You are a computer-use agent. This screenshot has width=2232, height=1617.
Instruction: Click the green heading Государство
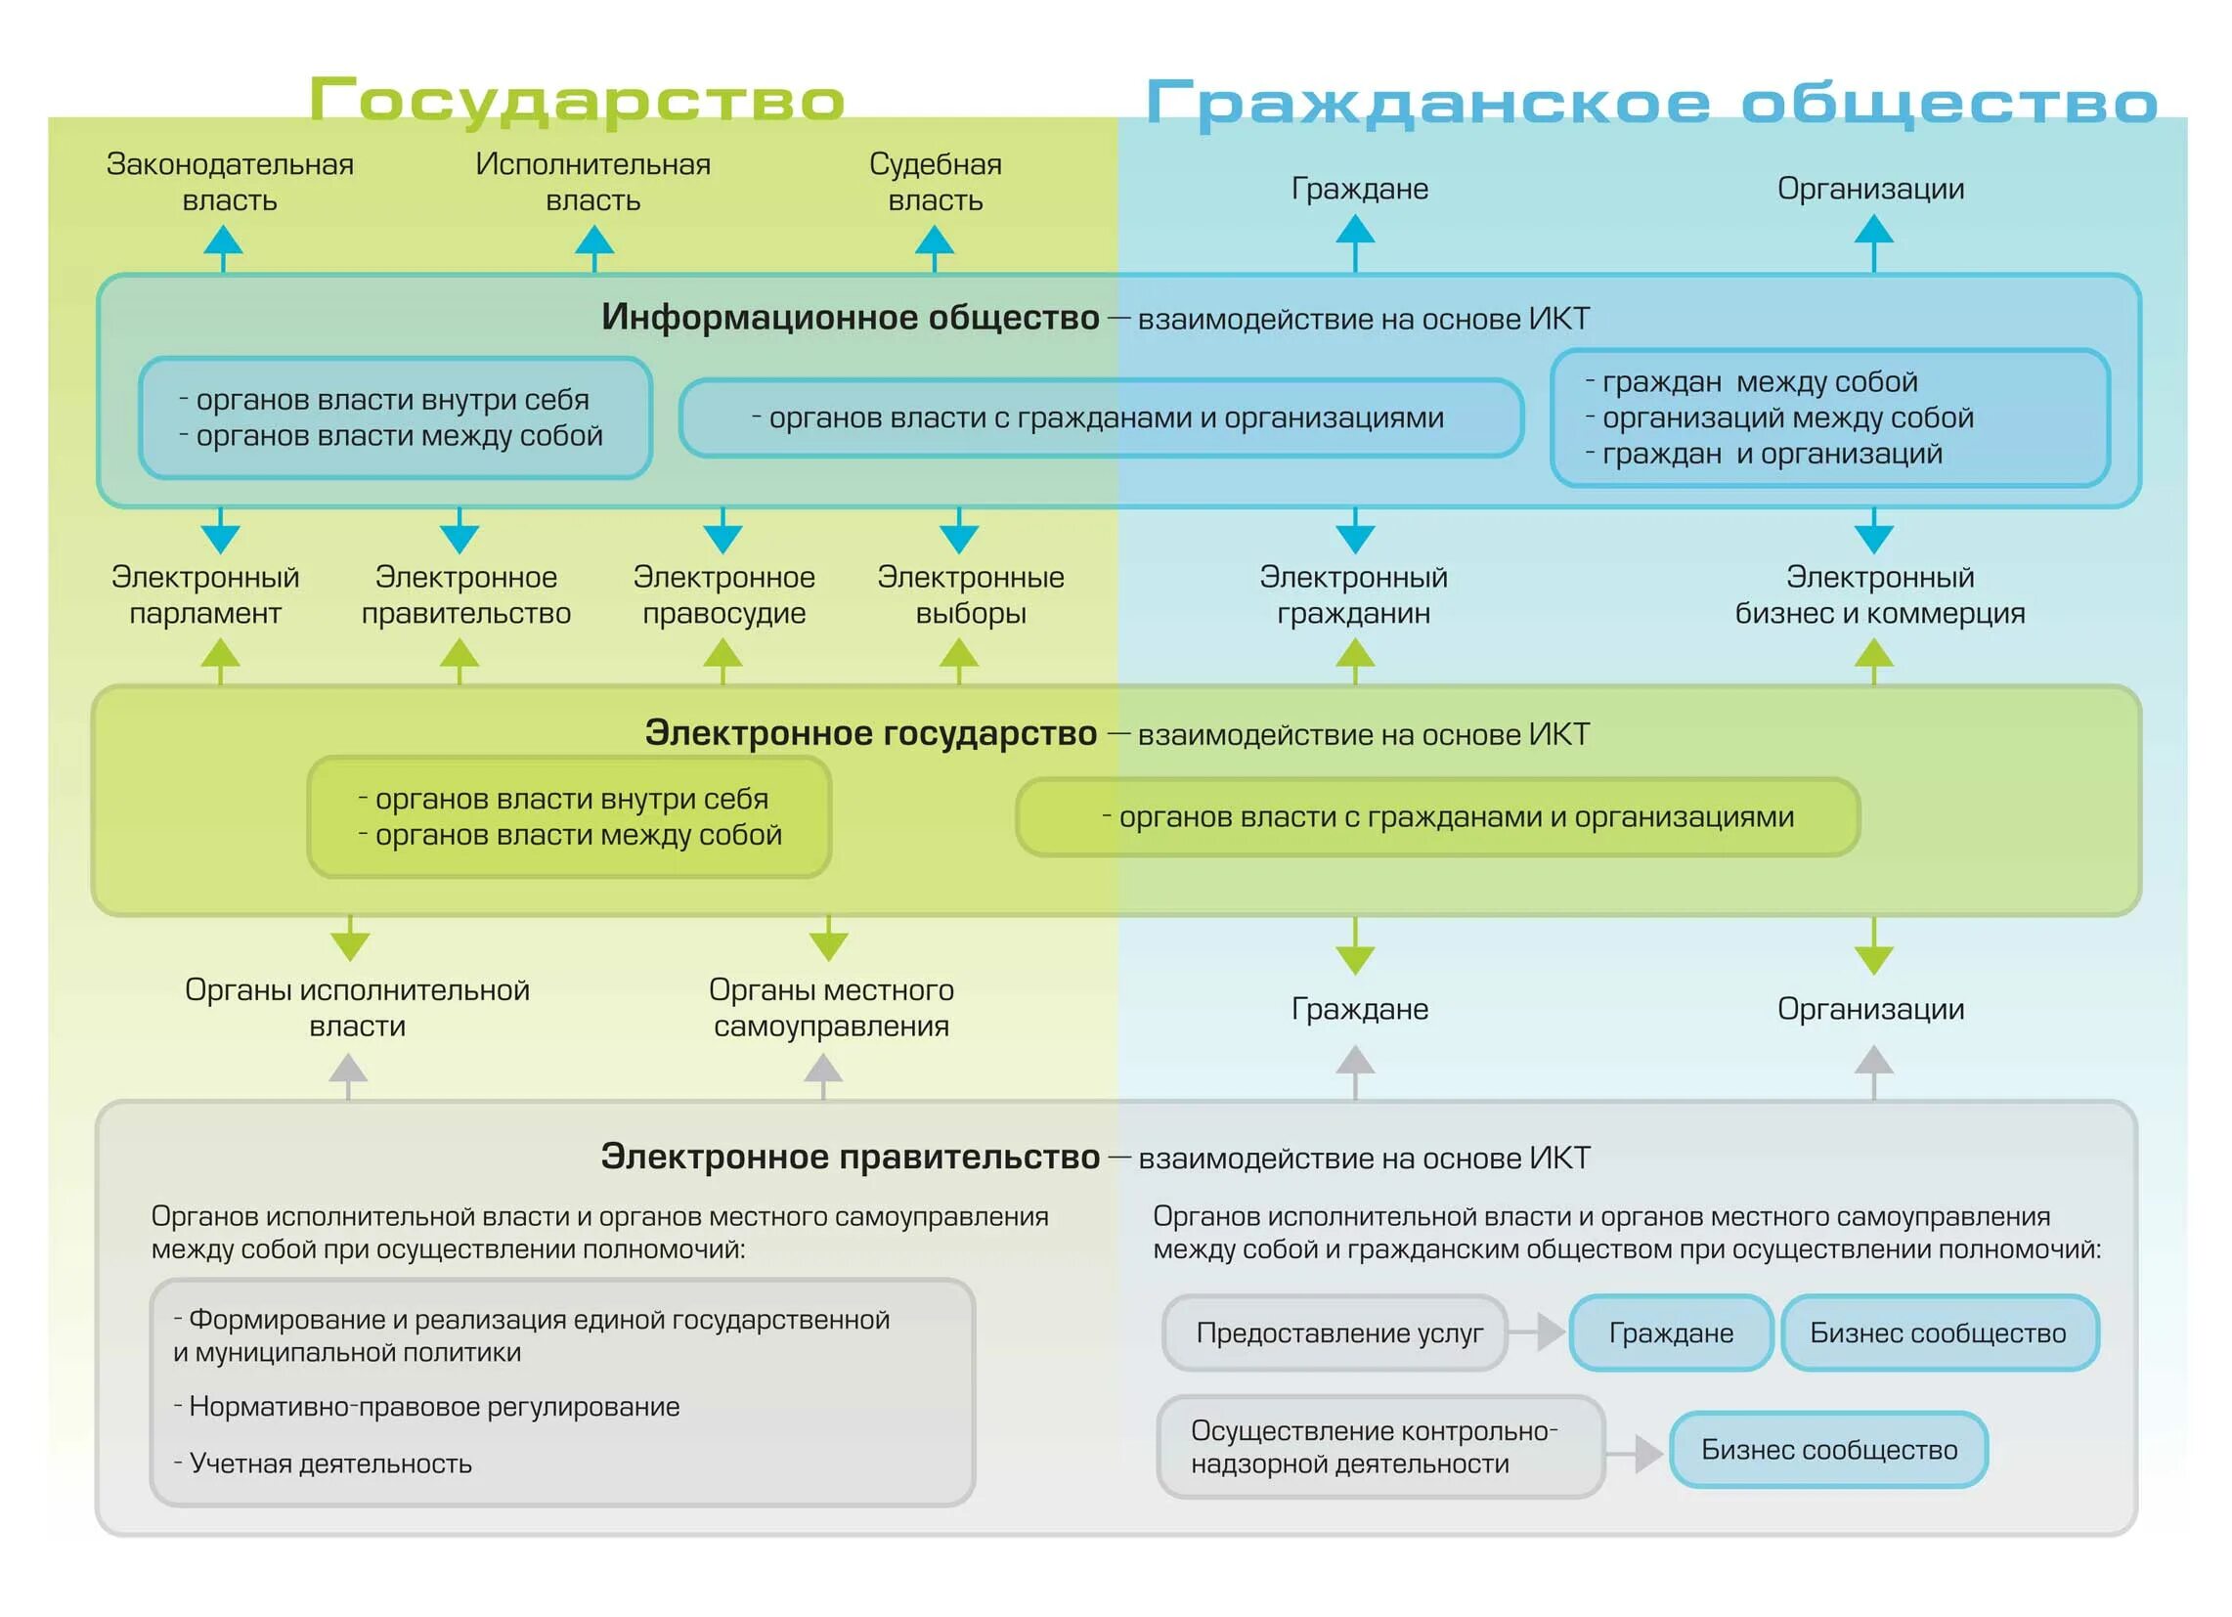click(577, 101)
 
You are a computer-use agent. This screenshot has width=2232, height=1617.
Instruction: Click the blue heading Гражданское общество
click(1651, 104)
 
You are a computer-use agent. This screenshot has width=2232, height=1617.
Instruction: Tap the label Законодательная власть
click(231, 182)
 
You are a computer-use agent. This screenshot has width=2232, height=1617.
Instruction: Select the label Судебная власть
click(935, 182)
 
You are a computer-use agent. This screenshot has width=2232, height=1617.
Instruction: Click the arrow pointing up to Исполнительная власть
click(593, 247)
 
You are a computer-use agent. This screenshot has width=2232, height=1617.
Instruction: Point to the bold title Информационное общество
click(851, 318)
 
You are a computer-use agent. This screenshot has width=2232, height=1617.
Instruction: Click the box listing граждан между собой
click(1829, 418)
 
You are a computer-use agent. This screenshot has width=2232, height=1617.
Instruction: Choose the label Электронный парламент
click(204, 595)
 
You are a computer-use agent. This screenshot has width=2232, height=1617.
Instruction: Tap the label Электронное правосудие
click(724, 595)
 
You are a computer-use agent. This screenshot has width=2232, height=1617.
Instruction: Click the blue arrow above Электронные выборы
click(958, 532)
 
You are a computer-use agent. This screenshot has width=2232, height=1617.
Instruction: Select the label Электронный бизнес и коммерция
click(1879, 595)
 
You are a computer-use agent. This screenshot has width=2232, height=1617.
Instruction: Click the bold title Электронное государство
click(870, 733)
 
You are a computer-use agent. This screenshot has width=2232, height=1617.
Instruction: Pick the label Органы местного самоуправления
click(832, 1008)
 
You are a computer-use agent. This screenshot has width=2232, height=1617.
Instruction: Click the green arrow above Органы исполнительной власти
click(350, 939)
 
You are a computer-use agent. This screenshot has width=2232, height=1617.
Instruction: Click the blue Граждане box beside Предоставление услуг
click(1670, 1333)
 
